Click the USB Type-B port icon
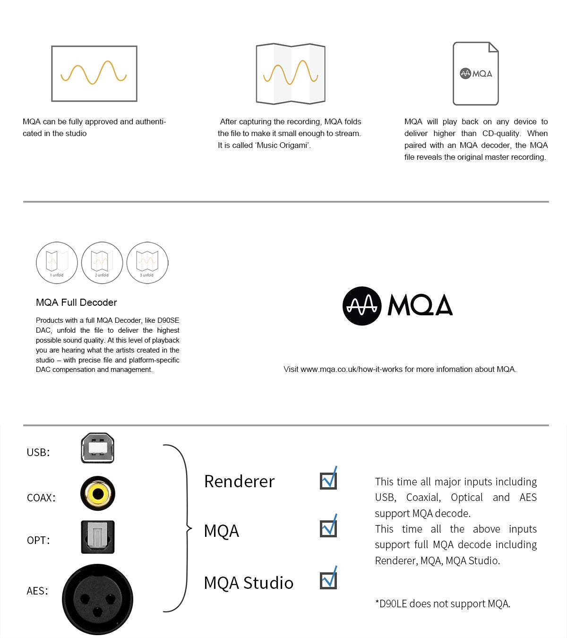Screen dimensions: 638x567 coord(98,448)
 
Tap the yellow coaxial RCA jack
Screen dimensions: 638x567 coord(98,493)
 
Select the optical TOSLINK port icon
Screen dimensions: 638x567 coord(98,537)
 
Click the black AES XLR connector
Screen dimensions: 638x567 coord(98,599)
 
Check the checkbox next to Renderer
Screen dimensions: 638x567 coord(328,481)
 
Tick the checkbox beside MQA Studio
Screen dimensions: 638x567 coord(328,580)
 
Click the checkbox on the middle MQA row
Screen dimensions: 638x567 coord(328,528)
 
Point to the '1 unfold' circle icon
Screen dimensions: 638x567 coord(57,263)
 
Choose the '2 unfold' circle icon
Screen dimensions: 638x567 coord(102,263)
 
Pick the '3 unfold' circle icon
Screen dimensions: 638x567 coord(147,263)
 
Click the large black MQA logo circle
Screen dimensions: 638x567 coord(362,306)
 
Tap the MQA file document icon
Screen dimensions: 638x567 coord(476,74)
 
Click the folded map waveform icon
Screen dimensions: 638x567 coord(291,74)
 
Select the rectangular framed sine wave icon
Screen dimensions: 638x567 coord(94,74)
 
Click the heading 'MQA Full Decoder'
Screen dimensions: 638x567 coord(77,302)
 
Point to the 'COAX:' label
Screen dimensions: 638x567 coord(41,498)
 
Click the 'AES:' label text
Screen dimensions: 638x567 coord(37,591)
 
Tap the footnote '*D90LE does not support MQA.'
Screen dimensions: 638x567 coord(443,604)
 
